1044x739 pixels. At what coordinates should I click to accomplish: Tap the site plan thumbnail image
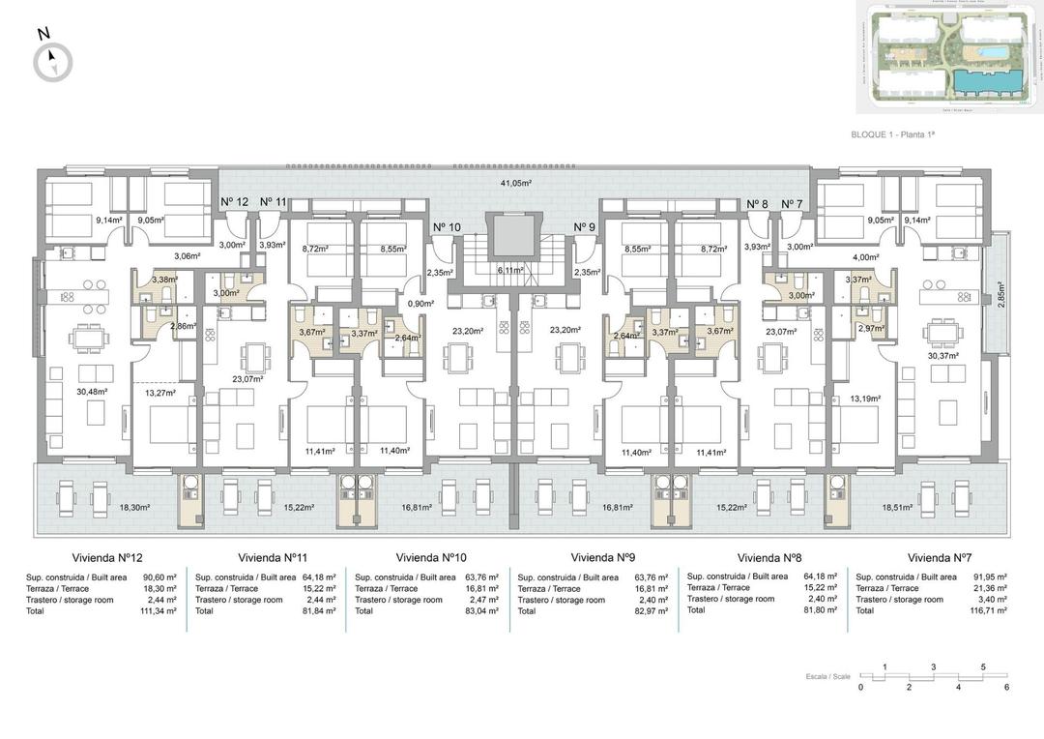[945, 58]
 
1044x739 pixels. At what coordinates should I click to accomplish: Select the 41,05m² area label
[516, 182]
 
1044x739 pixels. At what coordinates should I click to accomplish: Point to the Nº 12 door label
[234, 202]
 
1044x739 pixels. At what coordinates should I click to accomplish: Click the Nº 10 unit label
[447, 227]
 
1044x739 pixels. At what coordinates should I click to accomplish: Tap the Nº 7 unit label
[792, 203]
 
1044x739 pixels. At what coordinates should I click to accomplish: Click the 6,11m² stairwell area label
[510, 271]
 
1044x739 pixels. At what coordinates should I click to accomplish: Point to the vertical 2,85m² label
[1000, 293]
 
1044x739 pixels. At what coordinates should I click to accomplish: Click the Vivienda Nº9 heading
[602, 558]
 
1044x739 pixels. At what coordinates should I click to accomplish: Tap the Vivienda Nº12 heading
[107, 558]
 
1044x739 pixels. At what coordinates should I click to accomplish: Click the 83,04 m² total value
[480, 611]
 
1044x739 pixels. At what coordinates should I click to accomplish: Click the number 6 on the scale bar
[1006, 687]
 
